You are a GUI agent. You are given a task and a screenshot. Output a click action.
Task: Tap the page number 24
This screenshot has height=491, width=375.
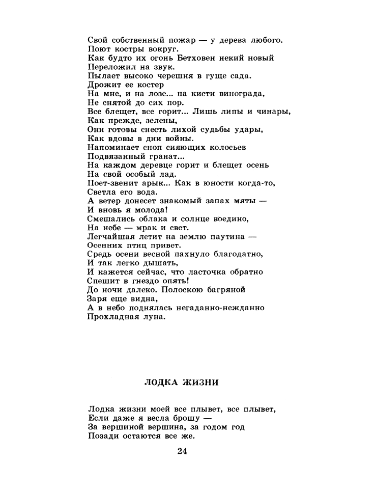(183, 451)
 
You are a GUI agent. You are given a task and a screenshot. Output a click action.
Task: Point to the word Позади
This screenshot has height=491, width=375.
(103, 436)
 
